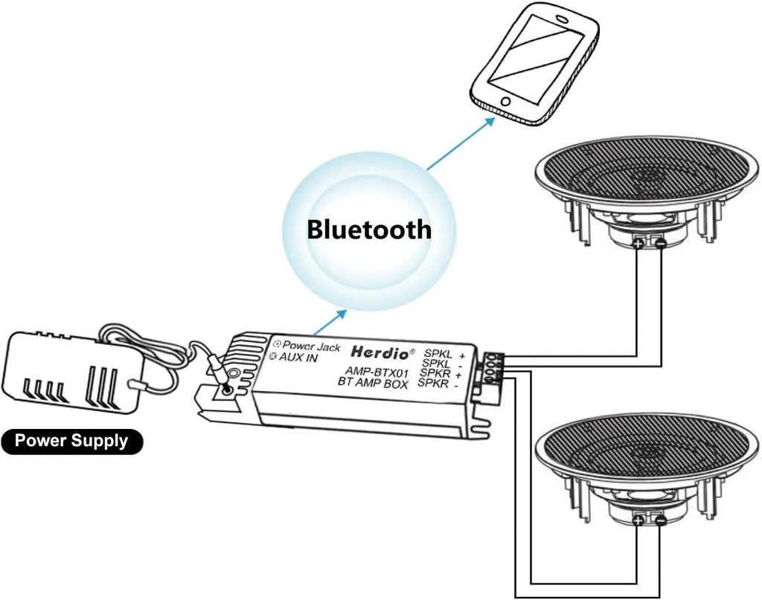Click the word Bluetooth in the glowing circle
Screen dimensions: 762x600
pos(369,230)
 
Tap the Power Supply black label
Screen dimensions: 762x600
pos(72,441)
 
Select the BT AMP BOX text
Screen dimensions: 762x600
pos(373,382)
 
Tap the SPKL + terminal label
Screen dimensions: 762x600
pos(444,354)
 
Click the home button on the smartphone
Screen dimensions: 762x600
pos(506,102)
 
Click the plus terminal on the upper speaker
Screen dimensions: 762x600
pos(638,242)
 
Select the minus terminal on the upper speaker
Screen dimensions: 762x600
pos(660,242)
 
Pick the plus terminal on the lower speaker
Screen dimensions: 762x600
pos(638,520)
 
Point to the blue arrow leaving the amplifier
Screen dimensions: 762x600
pos(330,322)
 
